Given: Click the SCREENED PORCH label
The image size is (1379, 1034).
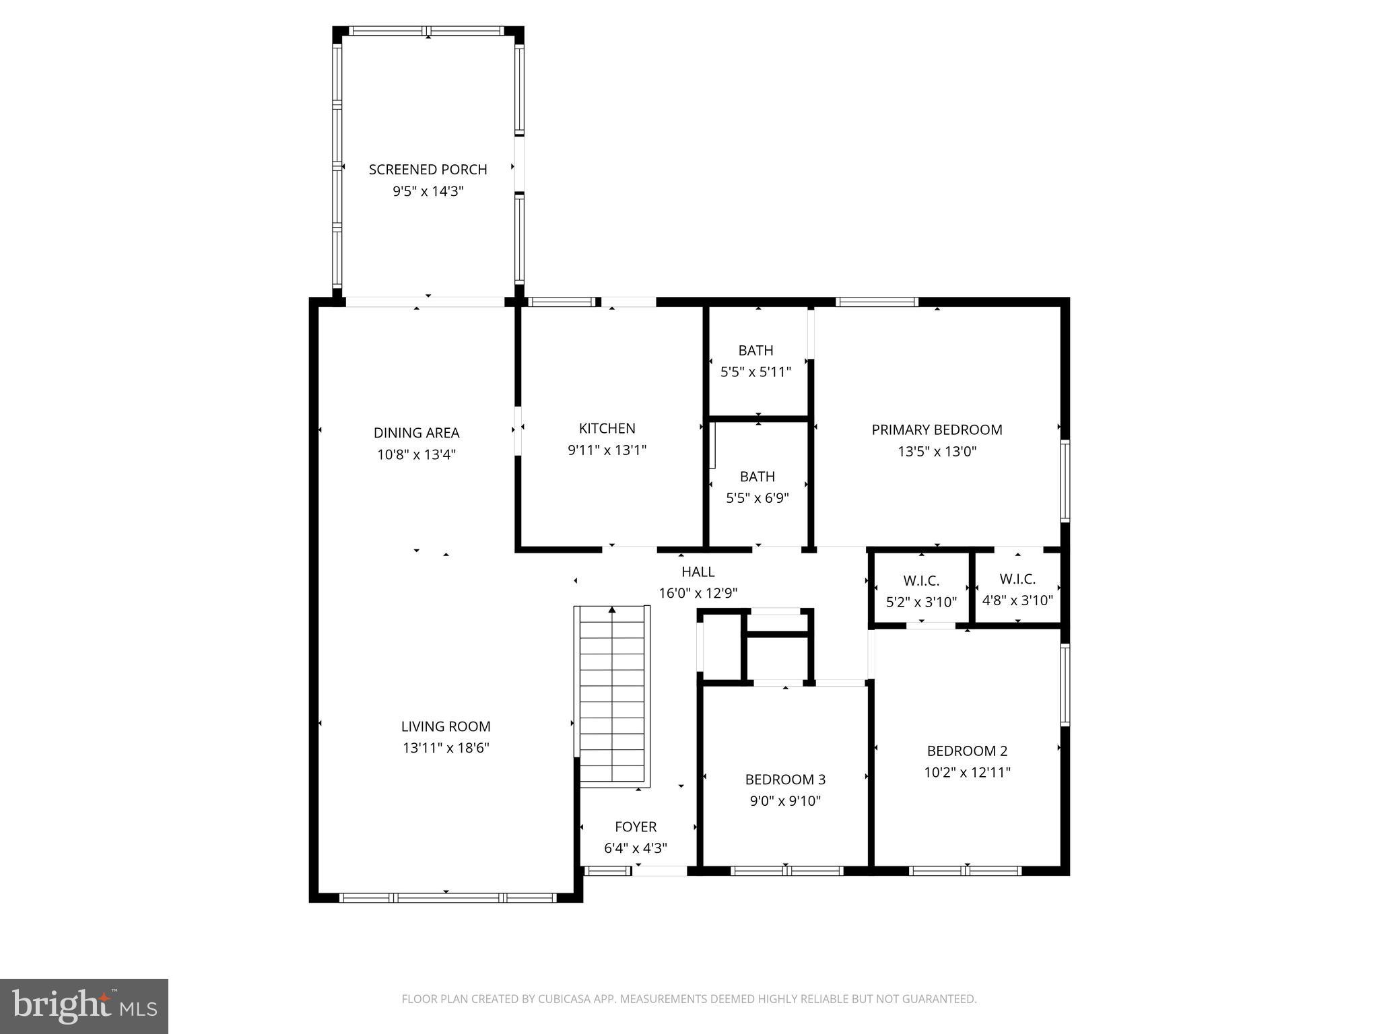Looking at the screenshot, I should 428,170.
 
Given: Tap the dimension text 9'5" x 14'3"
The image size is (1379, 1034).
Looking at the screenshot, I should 428,191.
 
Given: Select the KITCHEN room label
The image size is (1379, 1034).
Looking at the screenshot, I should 607,428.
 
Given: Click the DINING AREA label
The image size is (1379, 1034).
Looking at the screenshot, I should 416,433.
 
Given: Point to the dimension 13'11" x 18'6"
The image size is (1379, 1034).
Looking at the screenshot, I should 446,748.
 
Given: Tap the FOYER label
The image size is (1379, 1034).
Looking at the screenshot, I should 635,827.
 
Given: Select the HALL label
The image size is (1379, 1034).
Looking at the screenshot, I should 698,572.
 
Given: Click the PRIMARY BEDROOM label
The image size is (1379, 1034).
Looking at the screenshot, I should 937,429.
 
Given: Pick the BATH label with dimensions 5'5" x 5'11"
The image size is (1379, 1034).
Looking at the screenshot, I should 755,350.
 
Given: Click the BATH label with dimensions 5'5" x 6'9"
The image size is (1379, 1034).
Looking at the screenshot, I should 757,477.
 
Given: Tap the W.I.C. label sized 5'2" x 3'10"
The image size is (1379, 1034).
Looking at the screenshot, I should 921,580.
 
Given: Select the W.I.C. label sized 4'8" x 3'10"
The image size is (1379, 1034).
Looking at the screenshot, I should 1017,579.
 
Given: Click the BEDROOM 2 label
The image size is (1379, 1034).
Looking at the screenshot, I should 967,751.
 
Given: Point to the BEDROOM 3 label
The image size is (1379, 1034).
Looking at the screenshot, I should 785,780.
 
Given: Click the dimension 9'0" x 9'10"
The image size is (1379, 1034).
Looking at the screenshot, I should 785,801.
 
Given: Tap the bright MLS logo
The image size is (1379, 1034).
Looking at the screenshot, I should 84,1006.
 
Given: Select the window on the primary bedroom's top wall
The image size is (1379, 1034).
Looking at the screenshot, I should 877,302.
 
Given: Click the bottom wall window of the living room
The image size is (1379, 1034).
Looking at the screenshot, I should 448,897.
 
